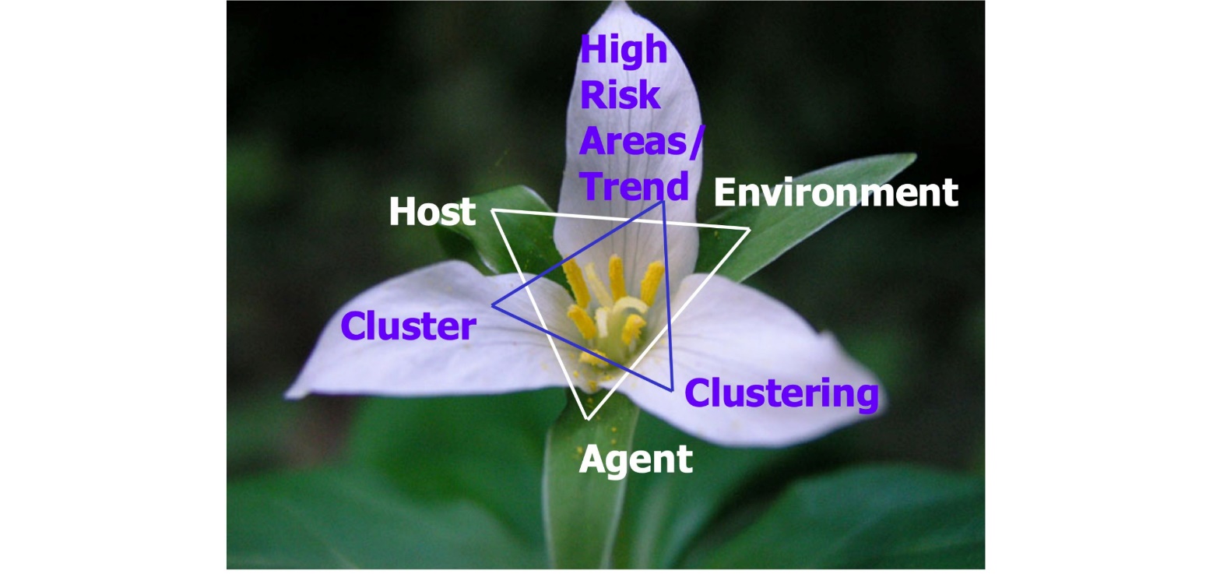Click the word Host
click(x=431, y=212)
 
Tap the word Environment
click(x=835, y=192)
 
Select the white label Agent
click(x=635, y=460)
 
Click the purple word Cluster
click(x=408, y=326)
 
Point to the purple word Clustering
click(x=782, y=394)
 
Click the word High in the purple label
click(x=624, y=51)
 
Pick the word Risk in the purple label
click(x=620, y=96)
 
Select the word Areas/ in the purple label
click(x=642, y=142)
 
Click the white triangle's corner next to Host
click(x=492, y=210)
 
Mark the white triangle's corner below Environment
click(x=749, y=229)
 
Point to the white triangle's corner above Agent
click(x=588, y=419)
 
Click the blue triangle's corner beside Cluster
click(x=493, y=305)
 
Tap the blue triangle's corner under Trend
click(x=663, y=202)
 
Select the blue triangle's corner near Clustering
click(x=671, y=389)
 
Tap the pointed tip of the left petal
click(x=290, y=394)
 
